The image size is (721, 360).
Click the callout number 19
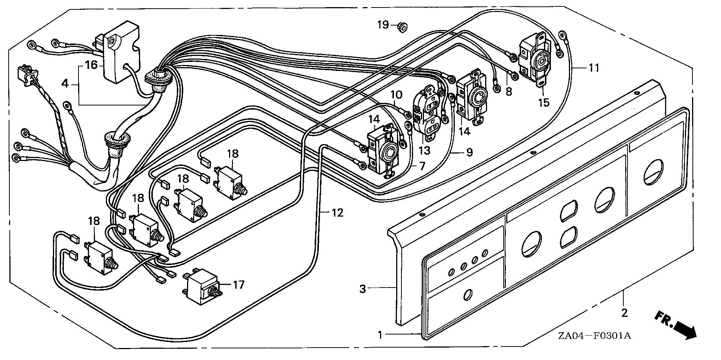point(383,25)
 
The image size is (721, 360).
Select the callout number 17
point(239,285)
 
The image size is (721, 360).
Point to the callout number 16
point(91,65)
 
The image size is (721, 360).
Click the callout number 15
point(543,102)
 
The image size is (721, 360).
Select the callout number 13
point(424,151)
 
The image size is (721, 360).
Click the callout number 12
point(337,213)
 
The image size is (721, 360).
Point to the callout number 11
point(594,68)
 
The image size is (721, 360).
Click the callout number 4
point(65,83)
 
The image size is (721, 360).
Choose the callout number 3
point(362,289)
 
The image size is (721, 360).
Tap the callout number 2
point(624,312)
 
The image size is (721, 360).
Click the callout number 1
point(380,334)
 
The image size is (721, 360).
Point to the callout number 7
point(422,166)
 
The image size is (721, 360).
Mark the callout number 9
point(469,152)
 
